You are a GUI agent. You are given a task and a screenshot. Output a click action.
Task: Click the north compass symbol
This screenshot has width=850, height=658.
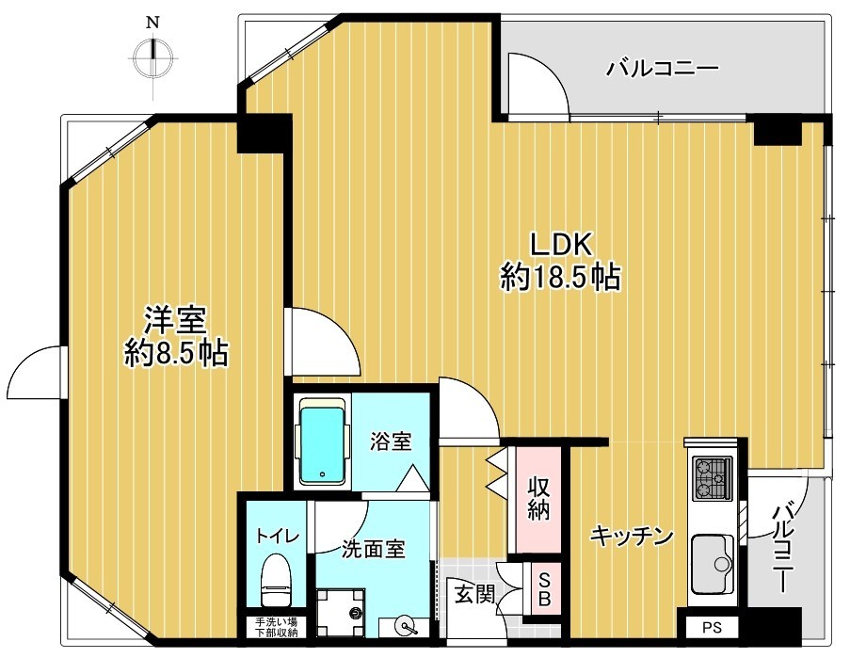coord(153,56)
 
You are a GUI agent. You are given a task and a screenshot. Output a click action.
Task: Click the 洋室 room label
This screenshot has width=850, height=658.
coord(175,321)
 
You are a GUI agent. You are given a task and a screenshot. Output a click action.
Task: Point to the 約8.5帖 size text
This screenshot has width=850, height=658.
coord(175,354)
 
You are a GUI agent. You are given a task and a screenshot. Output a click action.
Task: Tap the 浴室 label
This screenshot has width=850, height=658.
coord(389,441)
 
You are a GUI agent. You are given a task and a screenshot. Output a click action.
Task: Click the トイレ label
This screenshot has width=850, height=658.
coord(278,537)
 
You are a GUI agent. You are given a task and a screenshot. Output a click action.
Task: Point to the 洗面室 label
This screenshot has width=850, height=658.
coord(374,549)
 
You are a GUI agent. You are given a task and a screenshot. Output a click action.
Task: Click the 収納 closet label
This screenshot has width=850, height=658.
coord(538,499)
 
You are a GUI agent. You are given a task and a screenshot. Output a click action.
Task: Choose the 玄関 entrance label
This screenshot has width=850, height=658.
coord(473,594)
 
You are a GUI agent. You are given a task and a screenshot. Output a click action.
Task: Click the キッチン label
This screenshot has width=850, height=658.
coord(632,537)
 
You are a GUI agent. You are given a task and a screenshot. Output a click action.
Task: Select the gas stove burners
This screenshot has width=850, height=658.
coord(713,479)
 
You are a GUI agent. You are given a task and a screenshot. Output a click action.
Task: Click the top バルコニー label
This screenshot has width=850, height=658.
coord(663,69)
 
